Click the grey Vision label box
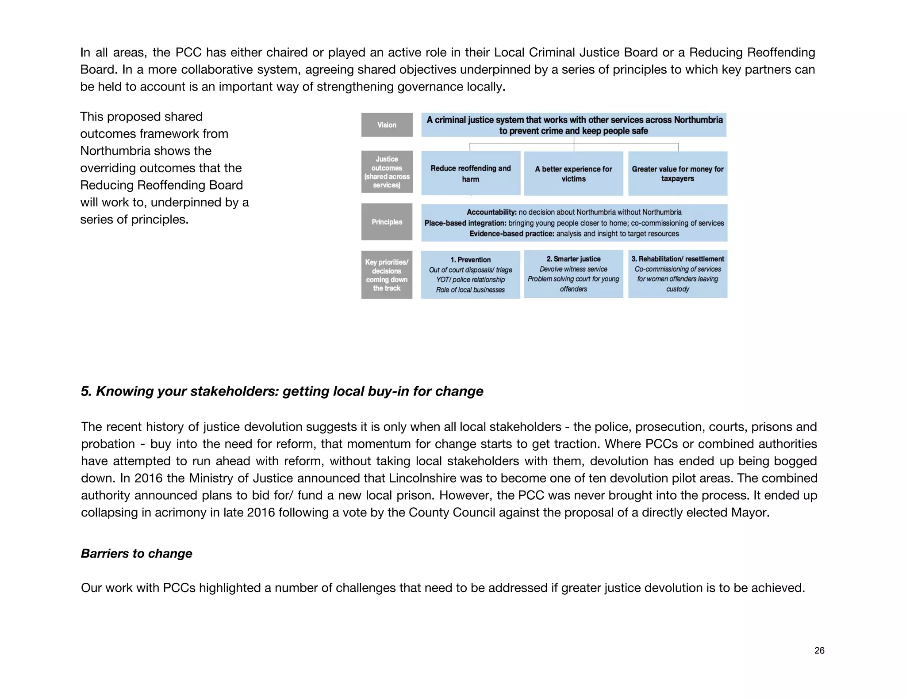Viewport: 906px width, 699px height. [387, 125]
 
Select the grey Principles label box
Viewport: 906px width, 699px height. [387, 222]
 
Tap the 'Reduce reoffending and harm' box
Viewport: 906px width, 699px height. [470, 173]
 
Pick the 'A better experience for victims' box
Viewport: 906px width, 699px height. [573, 174]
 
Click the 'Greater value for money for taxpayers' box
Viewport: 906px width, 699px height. [677, 174]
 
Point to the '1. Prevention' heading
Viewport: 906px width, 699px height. [470, 260]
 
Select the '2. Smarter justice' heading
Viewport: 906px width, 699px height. [573, 259]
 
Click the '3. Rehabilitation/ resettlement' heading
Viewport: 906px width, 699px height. [677, 259]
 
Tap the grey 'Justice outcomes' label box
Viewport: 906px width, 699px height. [387, 172]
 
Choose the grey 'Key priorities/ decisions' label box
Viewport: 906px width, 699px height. [387, 275]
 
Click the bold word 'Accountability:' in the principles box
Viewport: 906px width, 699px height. [491, 212]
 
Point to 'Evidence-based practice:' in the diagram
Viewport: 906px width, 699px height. [511, 234]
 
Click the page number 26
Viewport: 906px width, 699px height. [819, 650]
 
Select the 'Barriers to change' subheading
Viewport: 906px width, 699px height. [136, 554]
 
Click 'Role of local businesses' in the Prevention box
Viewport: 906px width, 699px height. [470, 290]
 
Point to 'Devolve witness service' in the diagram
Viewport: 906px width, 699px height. [573, 269]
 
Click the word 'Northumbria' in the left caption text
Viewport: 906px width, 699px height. [146, 151]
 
